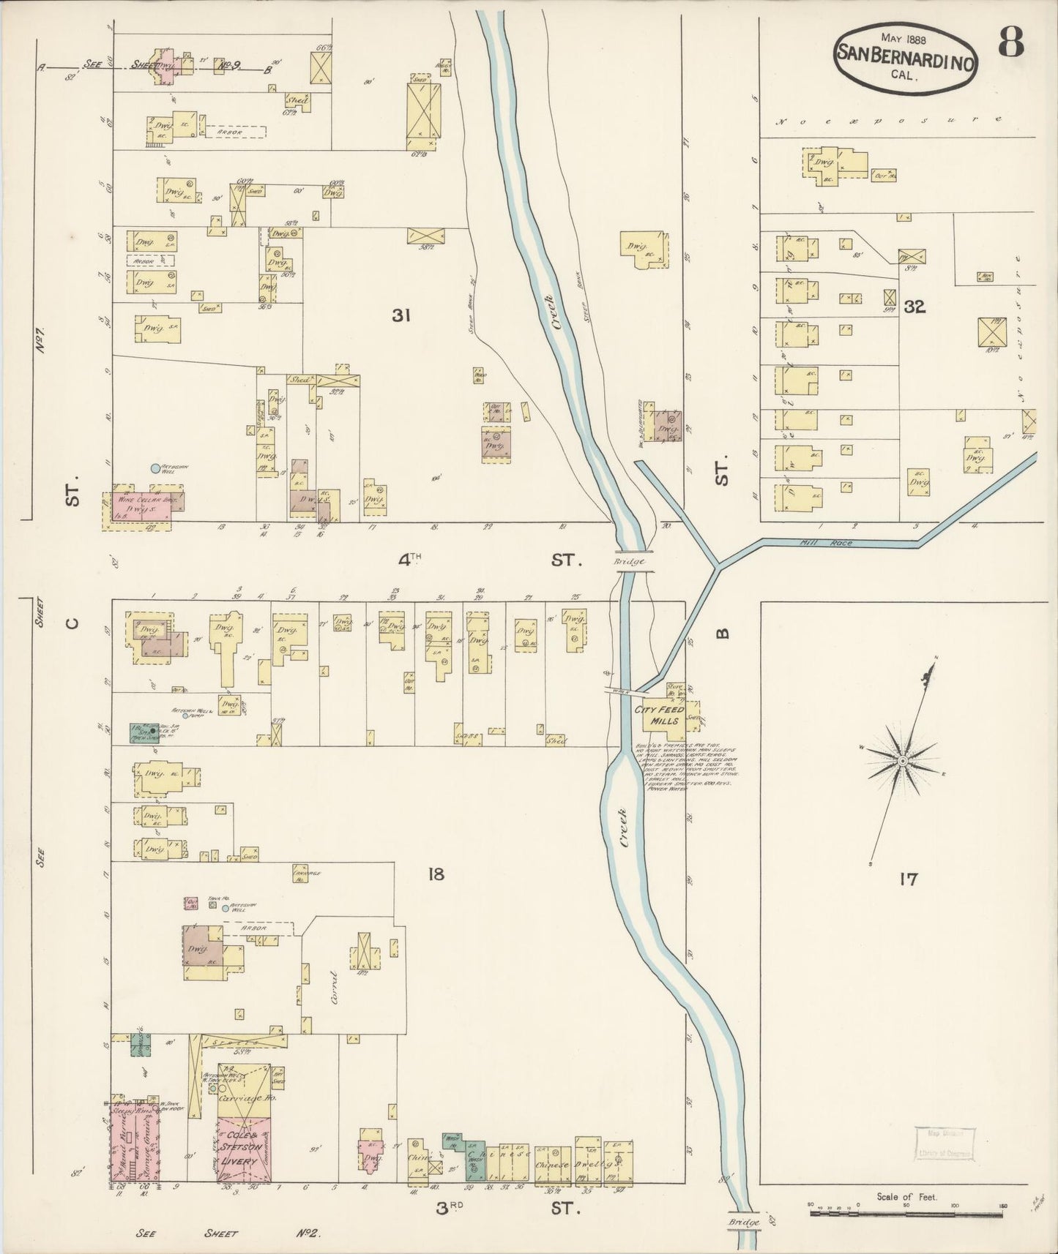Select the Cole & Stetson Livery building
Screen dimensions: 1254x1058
tap(245, 1160)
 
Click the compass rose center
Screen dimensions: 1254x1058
tap(904, 762)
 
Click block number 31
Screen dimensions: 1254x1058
tap(400, 315)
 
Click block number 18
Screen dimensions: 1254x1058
tap(436, 874)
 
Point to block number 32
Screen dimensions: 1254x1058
tap(914, 307)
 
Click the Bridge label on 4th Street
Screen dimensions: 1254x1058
tap(630, 561)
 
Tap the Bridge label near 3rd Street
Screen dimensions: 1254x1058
tap(744, 1222)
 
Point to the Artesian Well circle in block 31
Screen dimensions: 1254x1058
tap(154, 468)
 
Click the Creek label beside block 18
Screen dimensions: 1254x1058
tap(624, 827)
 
